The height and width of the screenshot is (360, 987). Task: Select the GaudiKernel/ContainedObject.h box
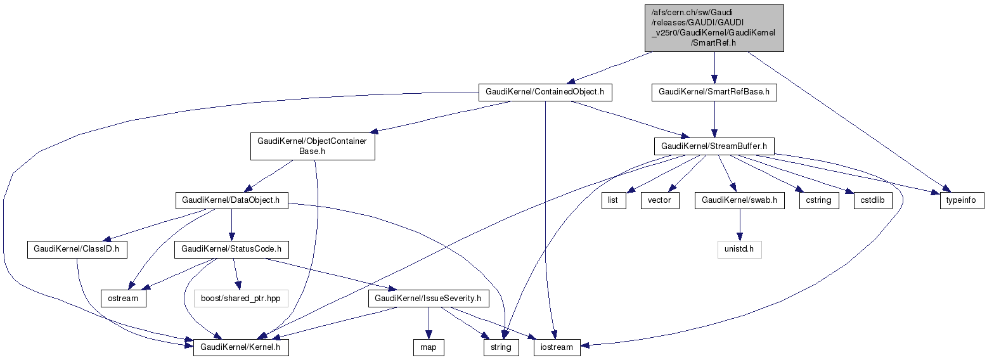click(545, 92)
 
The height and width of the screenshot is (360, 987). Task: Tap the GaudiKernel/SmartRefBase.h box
click(714, 92)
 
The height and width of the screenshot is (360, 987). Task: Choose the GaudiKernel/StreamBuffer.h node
click(714, 146)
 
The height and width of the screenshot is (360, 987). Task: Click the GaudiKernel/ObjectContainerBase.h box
click(312, 146)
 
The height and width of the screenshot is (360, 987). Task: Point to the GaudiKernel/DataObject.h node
click(231, 200)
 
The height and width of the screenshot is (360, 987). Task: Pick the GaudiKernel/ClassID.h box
click(77, 250)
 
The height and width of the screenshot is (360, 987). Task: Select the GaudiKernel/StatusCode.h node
click(231, 250)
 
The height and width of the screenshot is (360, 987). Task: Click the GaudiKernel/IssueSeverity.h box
click(427, 298)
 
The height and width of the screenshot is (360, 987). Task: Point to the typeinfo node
click(961, 200)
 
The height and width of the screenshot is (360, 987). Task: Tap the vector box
click(660, 200)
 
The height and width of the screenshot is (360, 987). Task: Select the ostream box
click(124, 298)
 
